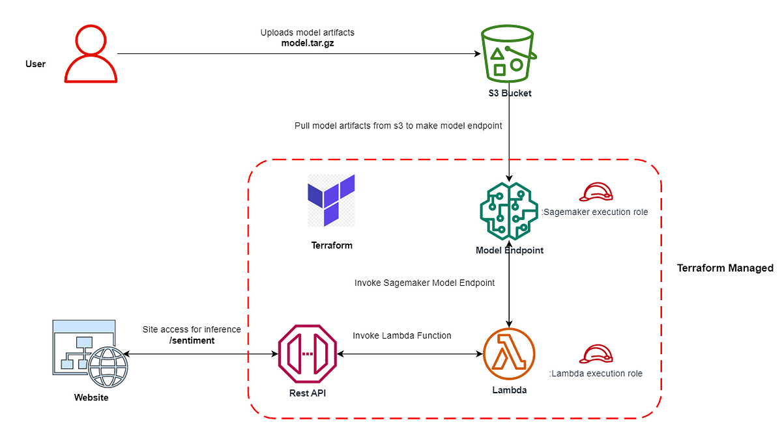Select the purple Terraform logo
click(332, 200)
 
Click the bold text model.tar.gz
click(307, 43)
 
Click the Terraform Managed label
click(725, 268)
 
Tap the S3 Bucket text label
click(510, 93)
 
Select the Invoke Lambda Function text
click(402, 335)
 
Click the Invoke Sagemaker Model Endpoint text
click(424, 283)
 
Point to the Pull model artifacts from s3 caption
click(398, 126)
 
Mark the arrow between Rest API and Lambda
click(409, 354)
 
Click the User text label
click(35, 64)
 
